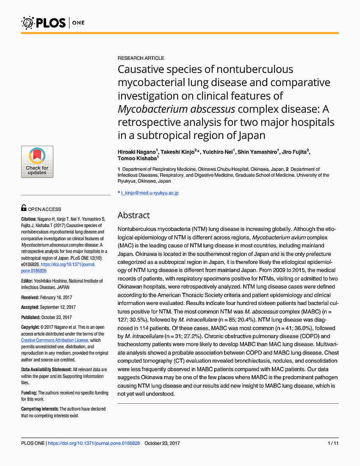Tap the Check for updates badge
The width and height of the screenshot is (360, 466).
tap(37, 162)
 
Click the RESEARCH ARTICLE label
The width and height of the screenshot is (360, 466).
tap(141, 58)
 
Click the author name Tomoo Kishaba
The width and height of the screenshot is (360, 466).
tap(137, 158)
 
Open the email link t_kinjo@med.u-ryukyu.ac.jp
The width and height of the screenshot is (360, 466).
tap(150, 193)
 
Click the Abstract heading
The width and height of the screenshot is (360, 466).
tap(133, 215)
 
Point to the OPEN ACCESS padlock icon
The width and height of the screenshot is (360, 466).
tap(24, 208)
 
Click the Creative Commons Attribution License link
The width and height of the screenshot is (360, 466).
tap(55, 340)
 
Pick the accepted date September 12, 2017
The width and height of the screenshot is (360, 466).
tap(61, 307)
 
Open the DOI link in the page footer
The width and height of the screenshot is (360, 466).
tap(94, 443)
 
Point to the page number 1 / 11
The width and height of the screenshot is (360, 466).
tap(333, 443)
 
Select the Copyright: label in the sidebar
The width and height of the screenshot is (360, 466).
tap(30, 327)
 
